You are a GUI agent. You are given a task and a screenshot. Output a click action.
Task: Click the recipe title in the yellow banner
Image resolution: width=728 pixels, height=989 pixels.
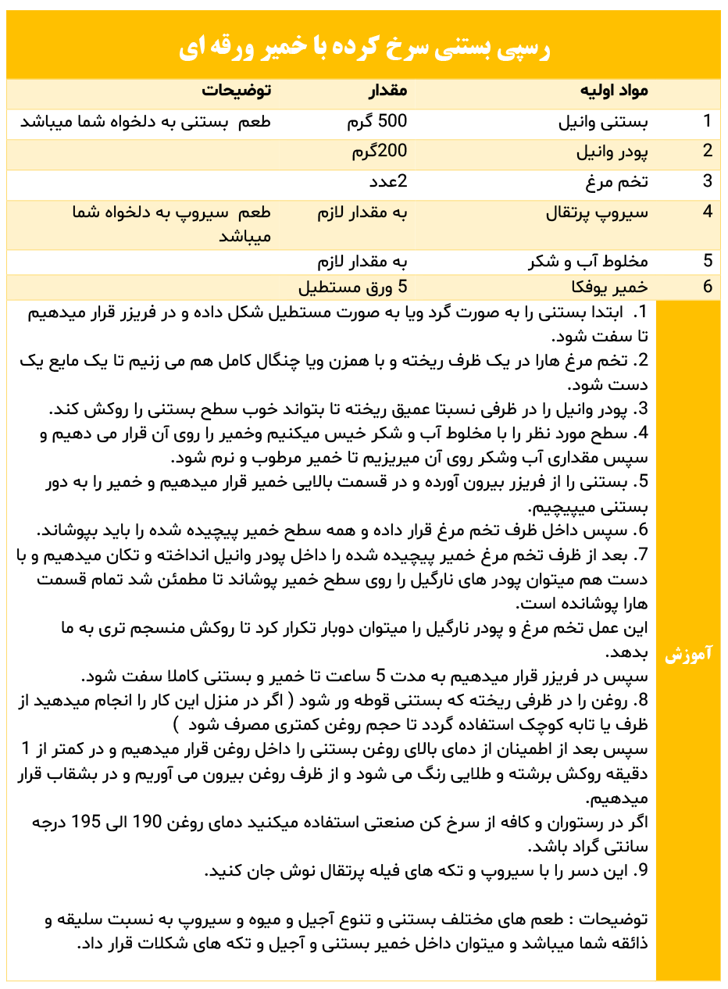(x=364, y=48)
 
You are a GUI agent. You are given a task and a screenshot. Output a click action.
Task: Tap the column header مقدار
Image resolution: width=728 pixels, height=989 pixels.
(x=387, y=91)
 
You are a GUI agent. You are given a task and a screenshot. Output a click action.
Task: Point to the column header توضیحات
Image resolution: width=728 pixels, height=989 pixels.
(x=236, y=91)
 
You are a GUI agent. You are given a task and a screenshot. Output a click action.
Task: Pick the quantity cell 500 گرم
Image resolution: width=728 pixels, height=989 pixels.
(x=377, y=122)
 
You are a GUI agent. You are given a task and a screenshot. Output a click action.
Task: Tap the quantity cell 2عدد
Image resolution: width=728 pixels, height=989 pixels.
(x=388, y=182)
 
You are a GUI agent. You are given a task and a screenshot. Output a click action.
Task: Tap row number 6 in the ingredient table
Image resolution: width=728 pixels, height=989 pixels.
(x=707, y=287)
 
